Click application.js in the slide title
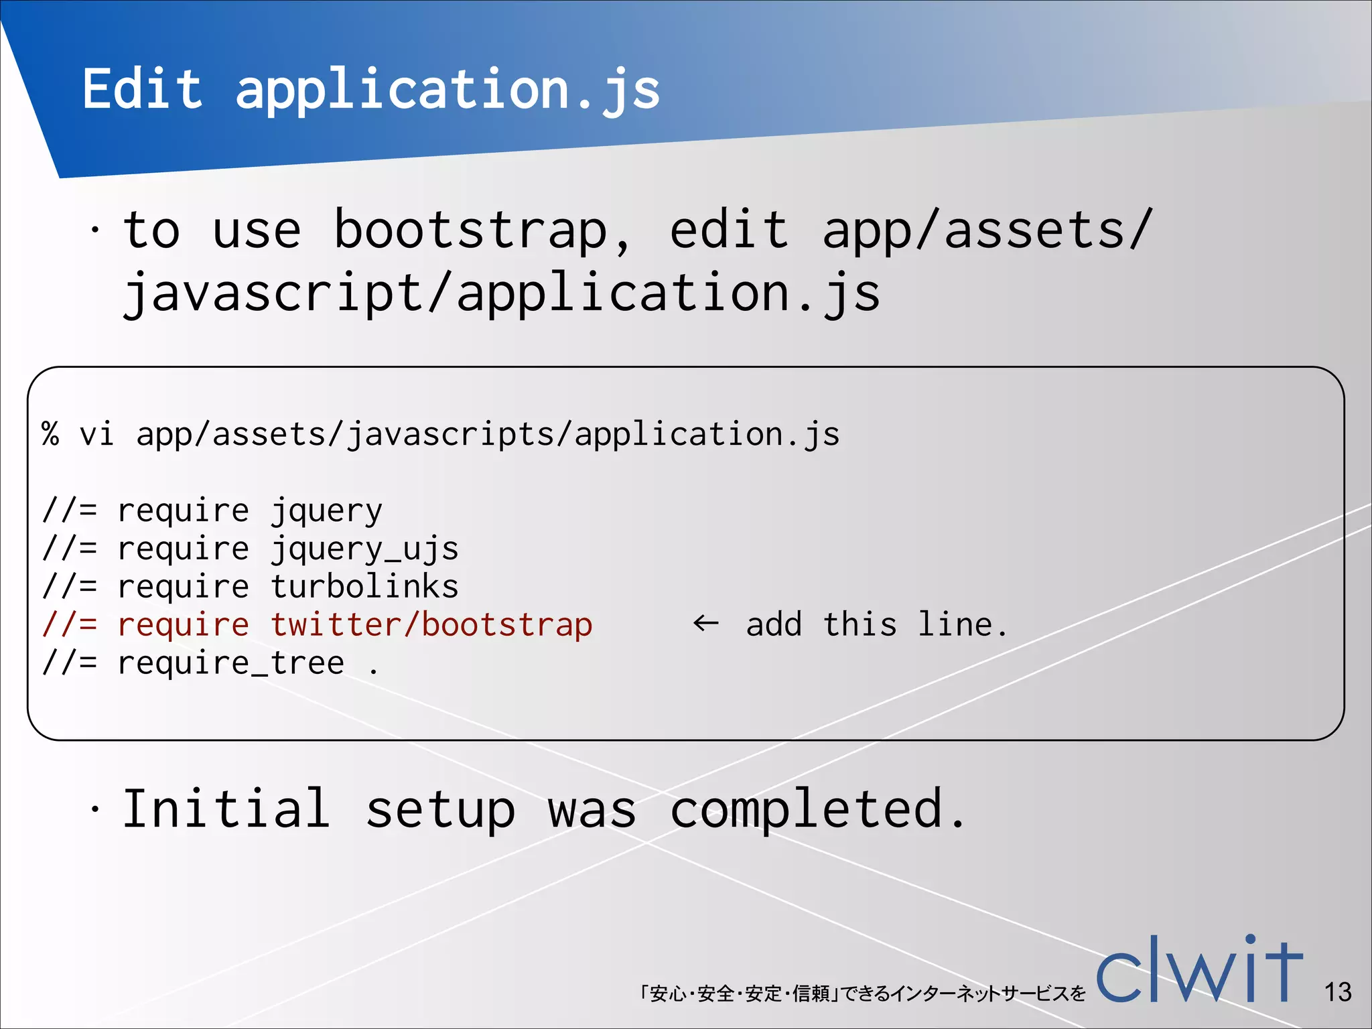click(x=448, y=91)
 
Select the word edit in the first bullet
click(x=729, y=230)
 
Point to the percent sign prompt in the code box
click(x=51, y=434)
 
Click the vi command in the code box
click(x=97, y=434)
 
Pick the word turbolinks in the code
click(x=364, y=587)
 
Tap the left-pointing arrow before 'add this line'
click(x=705, y=624)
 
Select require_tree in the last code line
click(x=230, y=663)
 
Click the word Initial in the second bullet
click(x=226, y=809)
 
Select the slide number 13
click(x=1337, y=992)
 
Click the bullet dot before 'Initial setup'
click(x=96, y=810)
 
